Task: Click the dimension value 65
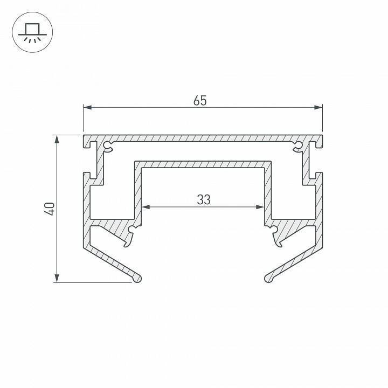coord(200,100)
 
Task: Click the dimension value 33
coord(203,199)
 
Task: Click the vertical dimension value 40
coord(49,208)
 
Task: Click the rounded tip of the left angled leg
coord(138,278)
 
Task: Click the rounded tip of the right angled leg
coord(268,278)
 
